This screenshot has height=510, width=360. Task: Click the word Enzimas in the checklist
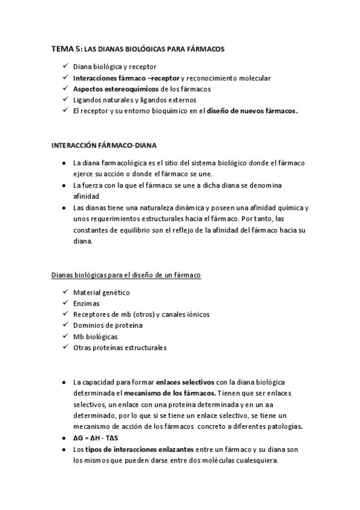click(87, 303)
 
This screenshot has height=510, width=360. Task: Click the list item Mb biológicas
click(95, 336)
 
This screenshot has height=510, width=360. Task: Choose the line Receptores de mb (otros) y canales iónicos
click(141, 314)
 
